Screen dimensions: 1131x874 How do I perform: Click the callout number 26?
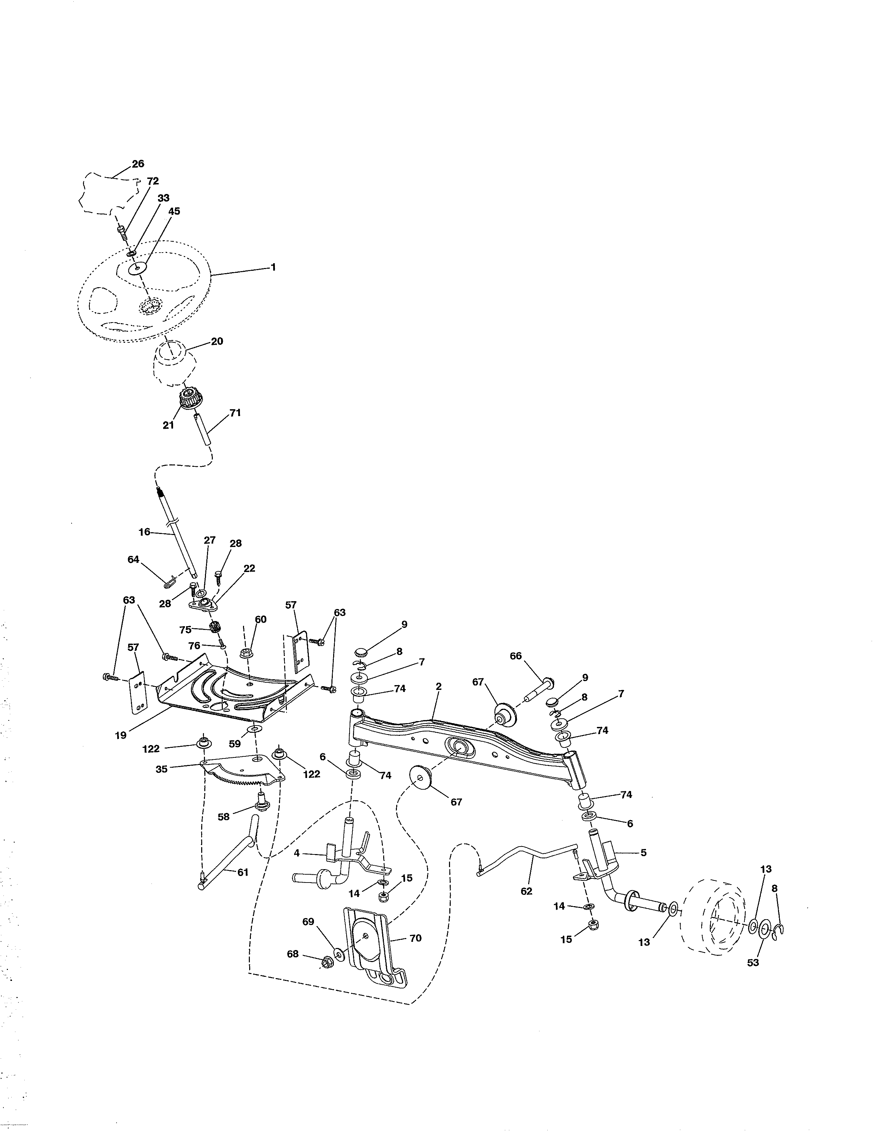(x=138, y=163)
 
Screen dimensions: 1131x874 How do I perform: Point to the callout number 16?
(x=144, y=532)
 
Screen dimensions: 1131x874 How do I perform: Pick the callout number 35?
(x=161, y=769)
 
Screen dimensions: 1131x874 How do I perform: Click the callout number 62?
(x=526, y=891)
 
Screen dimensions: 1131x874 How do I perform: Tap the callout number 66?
(x=516, y=656)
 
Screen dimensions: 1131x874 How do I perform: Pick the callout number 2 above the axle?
(x=439, y=687)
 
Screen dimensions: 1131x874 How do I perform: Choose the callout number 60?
(x=260, y=619)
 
